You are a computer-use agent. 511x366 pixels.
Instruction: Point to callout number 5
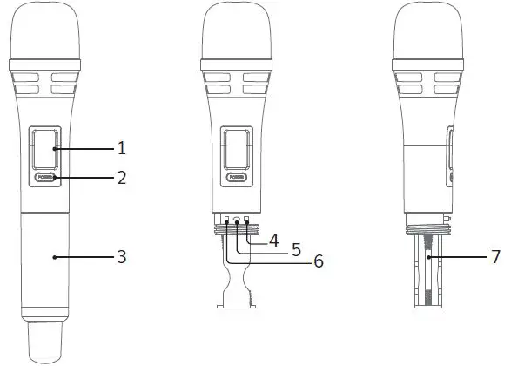point(295,249)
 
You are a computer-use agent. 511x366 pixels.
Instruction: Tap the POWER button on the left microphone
point(46,178)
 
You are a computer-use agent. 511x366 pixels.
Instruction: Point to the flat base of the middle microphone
point(233,304)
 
